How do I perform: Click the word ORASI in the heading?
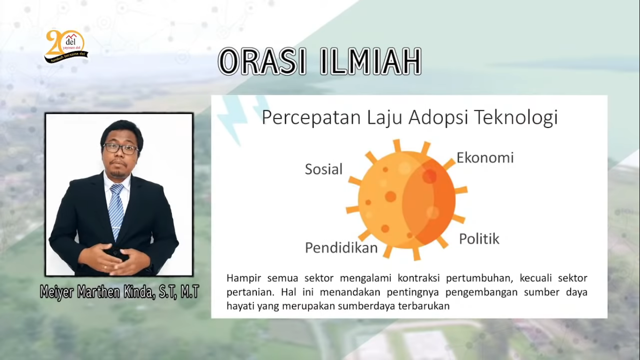pos(262,61)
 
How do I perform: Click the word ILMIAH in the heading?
pos(370,61)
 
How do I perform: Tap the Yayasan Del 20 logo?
pos(66,46)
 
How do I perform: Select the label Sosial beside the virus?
pos(324,169)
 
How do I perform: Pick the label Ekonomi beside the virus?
pos(485,157)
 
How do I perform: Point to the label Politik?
pos(479,239)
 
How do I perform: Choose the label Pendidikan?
pos(342,247)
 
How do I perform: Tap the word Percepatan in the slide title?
pos(312,118)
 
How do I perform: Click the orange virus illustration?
pos(407,200)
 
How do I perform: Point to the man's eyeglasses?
pos(121,149)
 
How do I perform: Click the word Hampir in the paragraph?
pos(244,278)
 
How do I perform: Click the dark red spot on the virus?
pos(429,176)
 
